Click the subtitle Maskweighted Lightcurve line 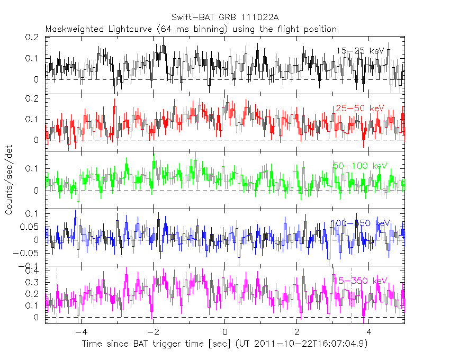coord(191,29)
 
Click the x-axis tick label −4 coord(79,332)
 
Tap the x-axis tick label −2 coord(151,332)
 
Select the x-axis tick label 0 coord(224,332)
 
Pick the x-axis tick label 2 coord(297,332)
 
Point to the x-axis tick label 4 coord(369,332)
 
